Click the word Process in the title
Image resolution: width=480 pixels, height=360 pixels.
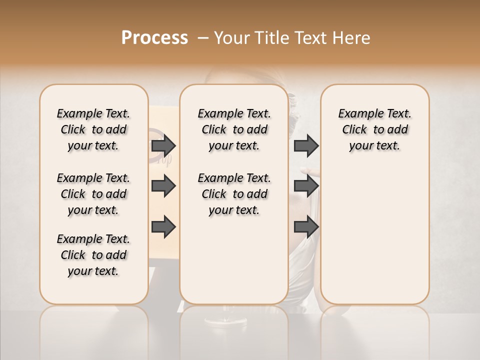pyautogui.click(x=154, y=38)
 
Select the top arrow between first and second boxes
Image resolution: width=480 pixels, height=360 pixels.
pyautogui.click(x=163, y=146)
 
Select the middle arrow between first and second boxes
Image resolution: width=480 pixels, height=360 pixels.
pyautogui.click(x=163, y=186)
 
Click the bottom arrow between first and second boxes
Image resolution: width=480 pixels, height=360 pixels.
pyautogui.click(x=163, y=227)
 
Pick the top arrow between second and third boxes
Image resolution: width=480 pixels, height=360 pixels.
pyautogui.click(x=306, y=146)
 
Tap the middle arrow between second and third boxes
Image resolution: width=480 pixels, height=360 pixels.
pyautogui.click(x=306, y=186)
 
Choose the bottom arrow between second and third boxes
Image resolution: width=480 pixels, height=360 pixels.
pyautogui.click(x=306, y=227)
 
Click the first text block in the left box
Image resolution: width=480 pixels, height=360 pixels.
pyautogui.click(x=93, y=129)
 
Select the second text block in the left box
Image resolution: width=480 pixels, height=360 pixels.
pyautogui.click(x=93, y=194)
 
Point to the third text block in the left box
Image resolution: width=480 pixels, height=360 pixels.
pyautogui.click(x=93, y=255)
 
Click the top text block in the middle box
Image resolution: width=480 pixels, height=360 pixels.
pyautogui.click(x=234, y=129)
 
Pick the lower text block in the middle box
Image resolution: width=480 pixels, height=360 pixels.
pyautogui.click(x=234, y=194)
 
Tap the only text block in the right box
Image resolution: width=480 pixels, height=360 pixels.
pyautogui.click(x=374, y=129)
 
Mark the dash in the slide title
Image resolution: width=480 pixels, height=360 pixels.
pyautogui.click(x=203, y=38)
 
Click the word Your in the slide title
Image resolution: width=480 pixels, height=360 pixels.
pyautogui.click(x=231, y=38)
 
